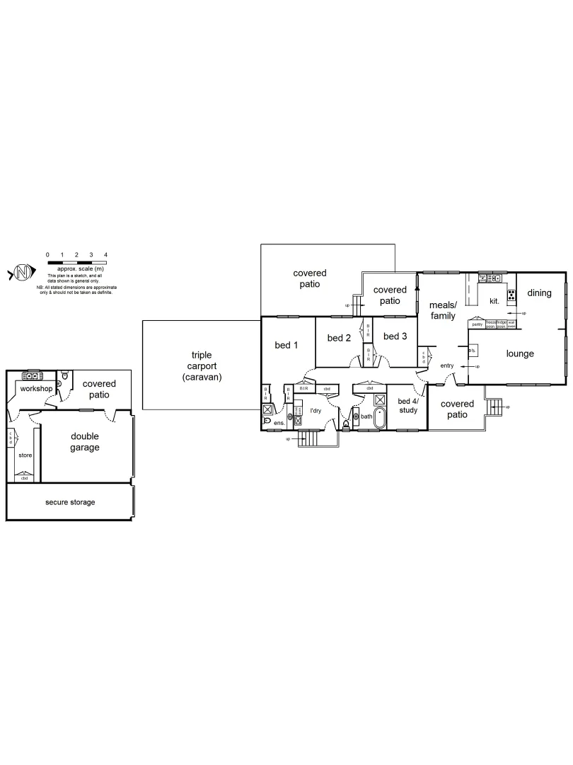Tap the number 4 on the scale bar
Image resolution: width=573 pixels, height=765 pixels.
point(105,254)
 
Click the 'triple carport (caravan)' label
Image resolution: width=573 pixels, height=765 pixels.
point(202,366)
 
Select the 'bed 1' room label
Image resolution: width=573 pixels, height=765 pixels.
point(286,345)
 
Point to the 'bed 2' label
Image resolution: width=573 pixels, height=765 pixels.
point(339,338)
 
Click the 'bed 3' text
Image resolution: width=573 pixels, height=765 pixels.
point(395,336)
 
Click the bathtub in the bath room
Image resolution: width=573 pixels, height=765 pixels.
point(379,418)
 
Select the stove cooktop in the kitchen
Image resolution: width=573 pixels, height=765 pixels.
point(511,295)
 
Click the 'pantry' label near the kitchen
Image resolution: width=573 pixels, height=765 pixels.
point(477,324)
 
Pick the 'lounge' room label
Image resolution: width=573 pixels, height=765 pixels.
point(520,353)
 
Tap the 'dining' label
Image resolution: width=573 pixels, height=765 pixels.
point(539,293)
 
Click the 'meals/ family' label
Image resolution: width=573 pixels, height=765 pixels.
point(443,310)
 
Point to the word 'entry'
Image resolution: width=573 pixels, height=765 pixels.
point(446,365)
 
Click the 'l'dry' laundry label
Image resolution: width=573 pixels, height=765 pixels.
point(316,410)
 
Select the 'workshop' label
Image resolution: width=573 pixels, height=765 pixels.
point(37,389)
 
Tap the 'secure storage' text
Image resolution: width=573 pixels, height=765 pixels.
point(70,502)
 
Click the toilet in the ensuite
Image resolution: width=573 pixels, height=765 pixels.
point(267,421)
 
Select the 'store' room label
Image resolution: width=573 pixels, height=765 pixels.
point(25,455)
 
